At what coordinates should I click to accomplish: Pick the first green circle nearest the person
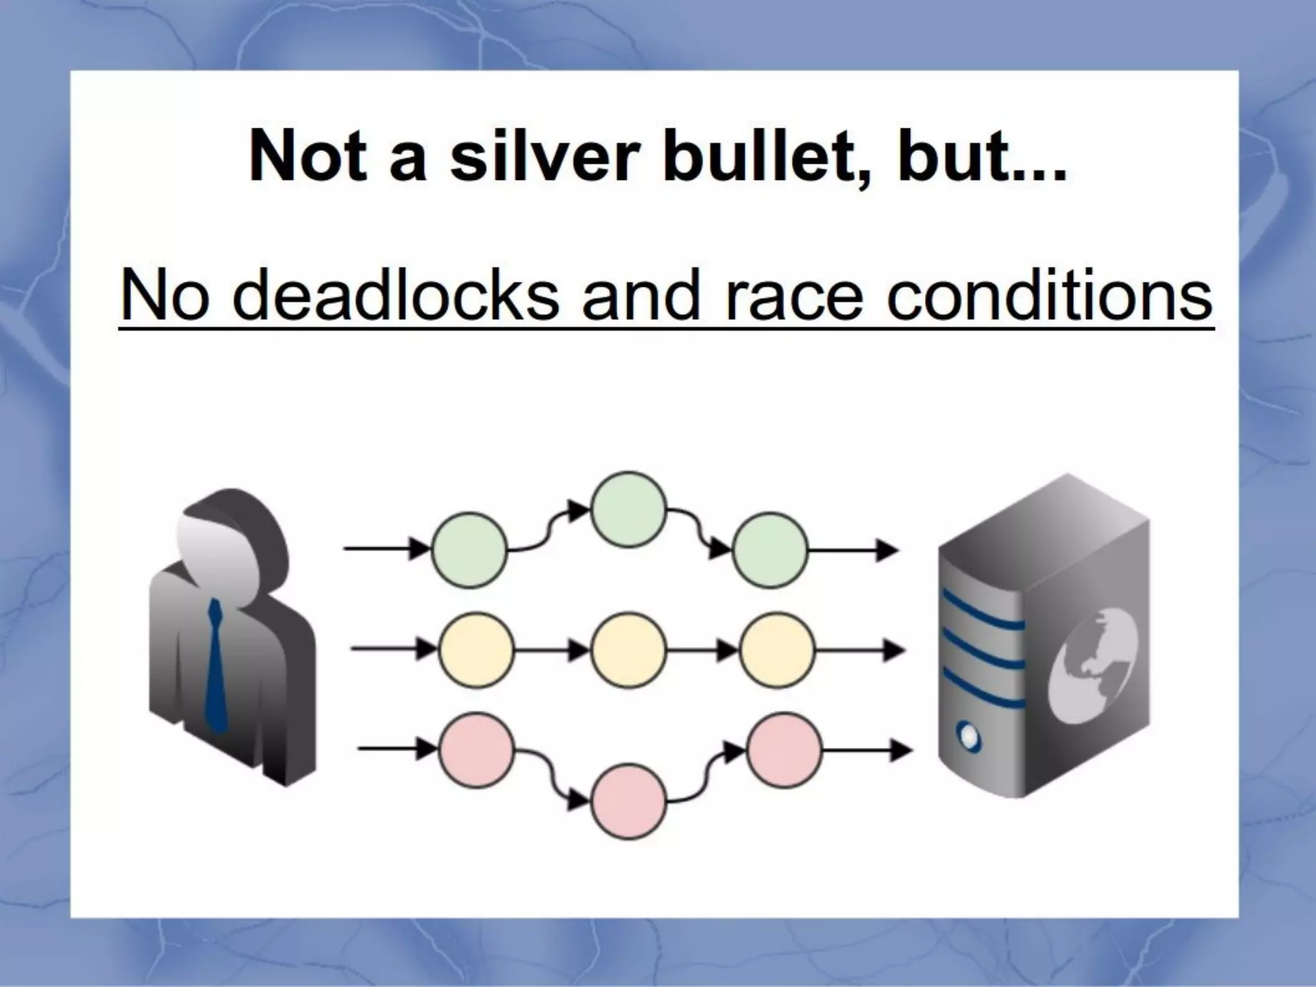click(x=469, y=549)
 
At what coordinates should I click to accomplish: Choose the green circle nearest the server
click(x=769, y=551)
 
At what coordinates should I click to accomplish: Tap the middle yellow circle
click(x=628, y=651)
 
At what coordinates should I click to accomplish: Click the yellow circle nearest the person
click(x=476, y=651)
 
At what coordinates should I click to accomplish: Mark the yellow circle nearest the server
click(x=778, y=651)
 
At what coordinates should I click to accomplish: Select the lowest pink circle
click(x=628, y=801)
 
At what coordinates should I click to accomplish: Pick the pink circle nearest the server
click(x=785, y=751)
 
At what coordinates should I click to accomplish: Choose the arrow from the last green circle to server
click(x=852, y=551)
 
